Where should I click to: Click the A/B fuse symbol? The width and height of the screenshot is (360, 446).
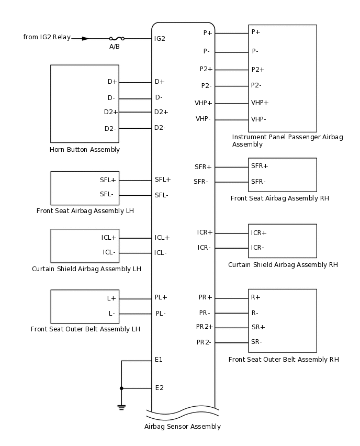point(116,38)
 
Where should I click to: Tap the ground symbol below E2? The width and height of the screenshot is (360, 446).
point(121,406)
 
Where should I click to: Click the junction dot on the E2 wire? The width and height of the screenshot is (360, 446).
point(121,388)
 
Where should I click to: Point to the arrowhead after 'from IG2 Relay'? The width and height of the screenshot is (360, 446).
point(85,38)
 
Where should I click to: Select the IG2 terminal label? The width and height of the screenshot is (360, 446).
point(160,38)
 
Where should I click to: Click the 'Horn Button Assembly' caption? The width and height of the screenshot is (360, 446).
point(85,150)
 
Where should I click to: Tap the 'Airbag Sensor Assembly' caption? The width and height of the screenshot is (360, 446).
point(183,427)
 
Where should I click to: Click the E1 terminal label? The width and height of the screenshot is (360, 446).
point(159,360)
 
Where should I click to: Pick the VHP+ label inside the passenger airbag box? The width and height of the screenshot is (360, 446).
point(260,103)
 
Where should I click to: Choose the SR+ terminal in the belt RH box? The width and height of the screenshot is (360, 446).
point(258,327)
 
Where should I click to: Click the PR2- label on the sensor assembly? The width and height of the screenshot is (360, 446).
point(204,342)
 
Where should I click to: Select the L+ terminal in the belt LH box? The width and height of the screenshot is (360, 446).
point(111,298)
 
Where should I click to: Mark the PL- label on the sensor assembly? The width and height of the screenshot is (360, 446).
point(161,314)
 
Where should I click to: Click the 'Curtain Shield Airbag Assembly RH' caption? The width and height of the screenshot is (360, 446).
point(283,265)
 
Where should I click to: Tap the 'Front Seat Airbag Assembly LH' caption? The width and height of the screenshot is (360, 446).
point(85,211)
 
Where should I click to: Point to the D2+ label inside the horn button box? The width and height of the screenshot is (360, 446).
point(111,112)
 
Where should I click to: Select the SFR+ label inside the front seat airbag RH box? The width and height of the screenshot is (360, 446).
point(260,166)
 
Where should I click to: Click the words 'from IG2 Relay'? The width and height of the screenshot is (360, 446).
point(47,37)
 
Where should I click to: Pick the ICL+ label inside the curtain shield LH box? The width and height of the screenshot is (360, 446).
point(109,238)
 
